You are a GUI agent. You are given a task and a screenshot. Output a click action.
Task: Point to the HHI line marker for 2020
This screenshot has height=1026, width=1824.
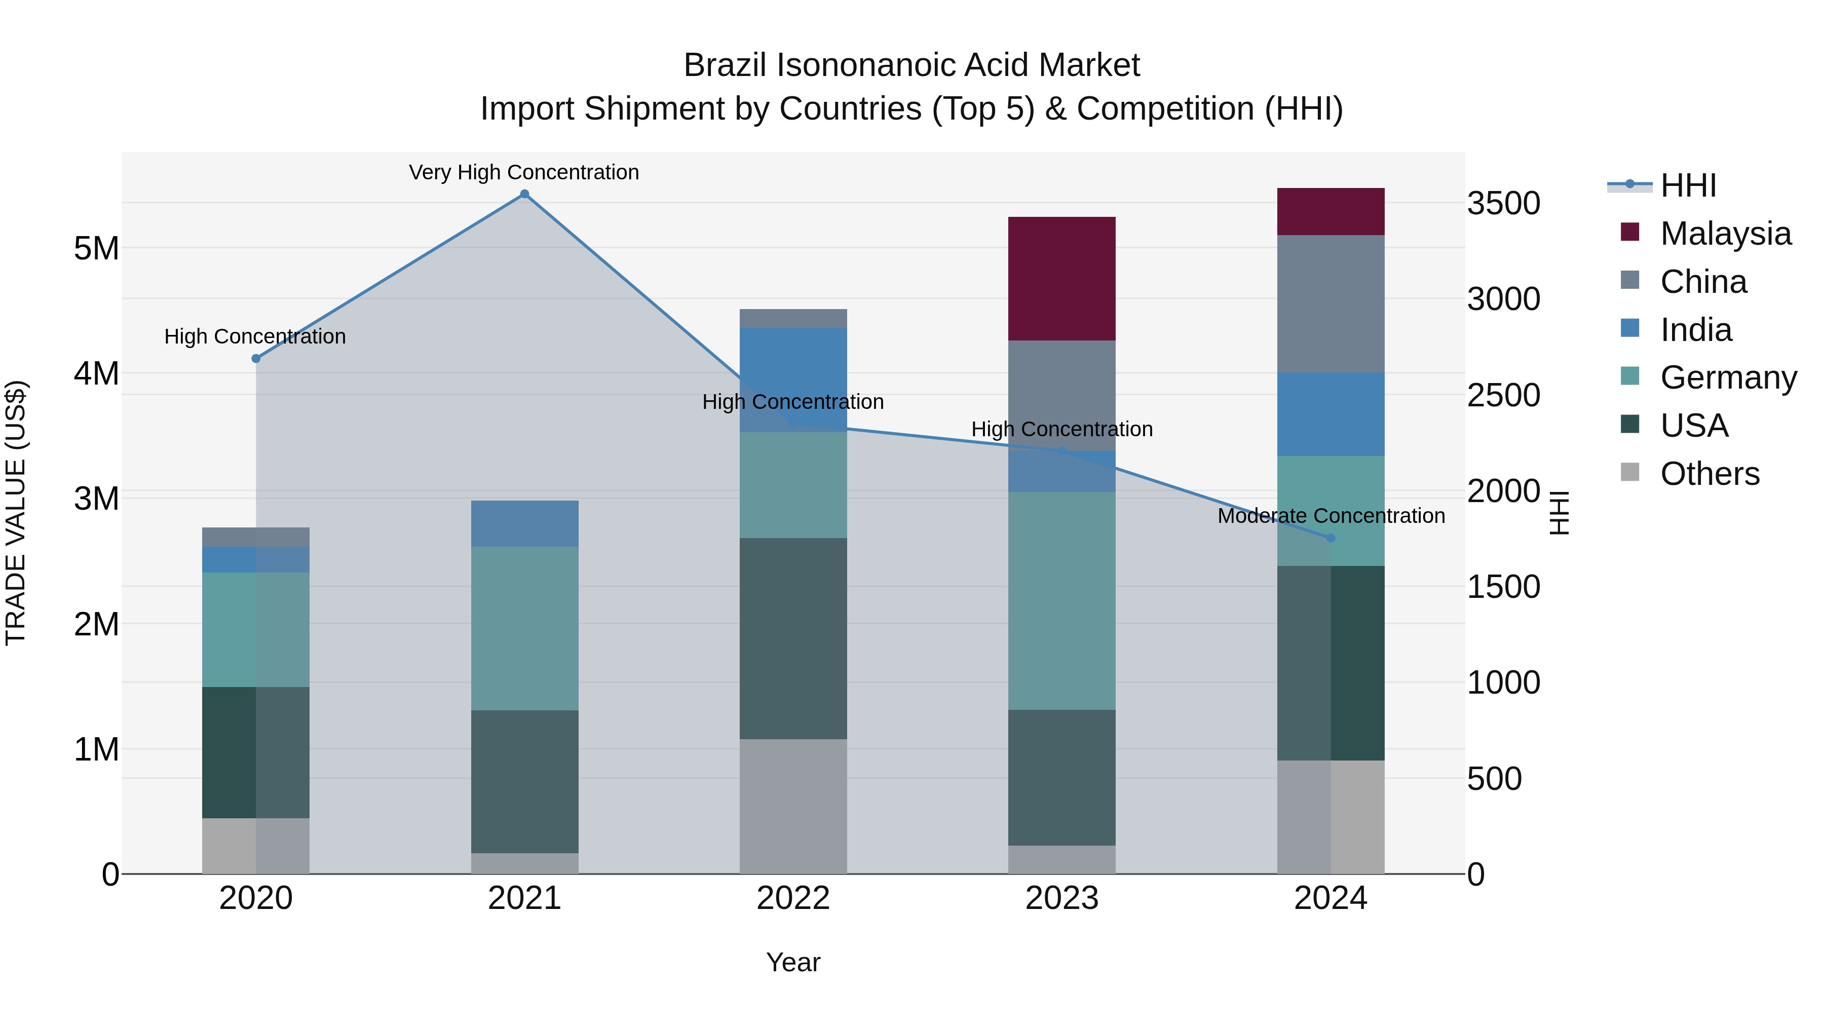click(x=256, y=358)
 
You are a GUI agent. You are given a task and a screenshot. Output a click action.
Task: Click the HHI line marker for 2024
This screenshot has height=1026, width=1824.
click(x=1331, y=538)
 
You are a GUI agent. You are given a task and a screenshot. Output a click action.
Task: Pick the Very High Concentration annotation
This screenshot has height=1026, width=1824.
click(x=524, y=172)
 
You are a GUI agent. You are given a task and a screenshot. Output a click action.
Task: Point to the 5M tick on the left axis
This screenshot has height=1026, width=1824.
click(x=96, y=249)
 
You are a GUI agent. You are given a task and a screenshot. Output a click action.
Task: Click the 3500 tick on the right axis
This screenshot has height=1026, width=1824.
click(x=1503, y=203)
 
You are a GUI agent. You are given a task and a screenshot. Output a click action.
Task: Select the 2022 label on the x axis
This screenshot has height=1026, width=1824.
click(x=793, y=898)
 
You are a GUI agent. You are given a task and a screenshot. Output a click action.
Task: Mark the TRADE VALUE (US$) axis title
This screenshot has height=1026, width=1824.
click(x=16, y=513)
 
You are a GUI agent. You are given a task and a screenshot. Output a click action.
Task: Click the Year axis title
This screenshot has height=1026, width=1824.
click(x=793, y=962)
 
